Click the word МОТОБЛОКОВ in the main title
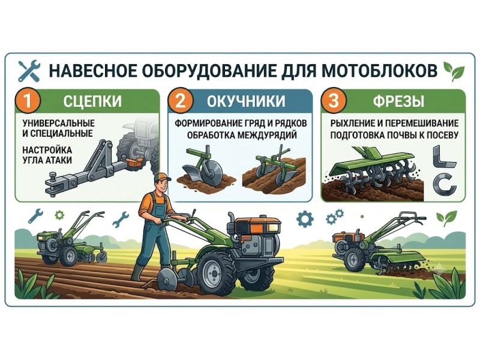coord(379,71)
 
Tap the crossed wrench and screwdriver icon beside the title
coord(29,71)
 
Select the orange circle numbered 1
coord(28,101)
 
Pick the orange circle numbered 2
coord(181,101)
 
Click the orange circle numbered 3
coord(334,101)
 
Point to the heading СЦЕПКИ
coord(92,101)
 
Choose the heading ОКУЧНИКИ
coord(246,101)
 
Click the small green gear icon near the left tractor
coord(59,215)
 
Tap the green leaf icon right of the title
coord(454,72)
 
